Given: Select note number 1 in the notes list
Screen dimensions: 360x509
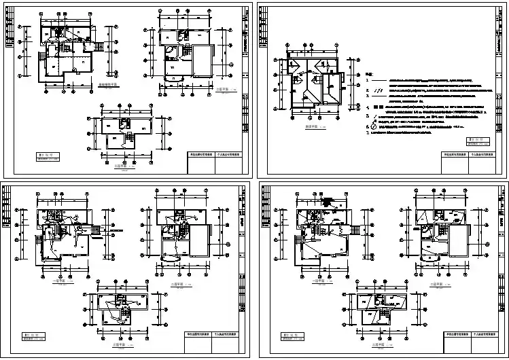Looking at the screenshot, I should (x=368, y=81).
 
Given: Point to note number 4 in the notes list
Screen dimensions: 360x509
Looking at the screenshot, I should (x=368, y=107).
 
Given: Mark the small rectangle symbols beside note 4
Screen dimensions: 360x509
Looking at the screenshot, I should (x=378, y=107).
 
